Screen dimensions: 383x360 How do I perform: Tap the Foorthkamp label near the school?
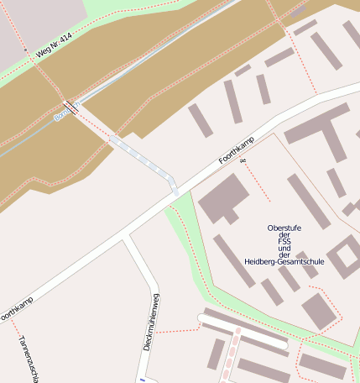[236, 149]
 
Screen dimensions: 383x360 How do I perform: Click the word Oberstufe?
[284, 228]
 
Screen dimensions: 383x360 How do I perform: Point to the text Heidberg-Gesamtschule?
[284, 262]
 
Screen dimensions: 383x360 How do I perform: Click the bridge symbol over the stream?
[70, 107]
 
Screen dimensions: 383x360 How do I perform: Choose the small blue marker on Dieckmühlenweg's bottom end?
[133, 380]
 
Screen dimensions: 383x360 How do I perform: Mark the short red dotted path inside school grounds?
[258, 181]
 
